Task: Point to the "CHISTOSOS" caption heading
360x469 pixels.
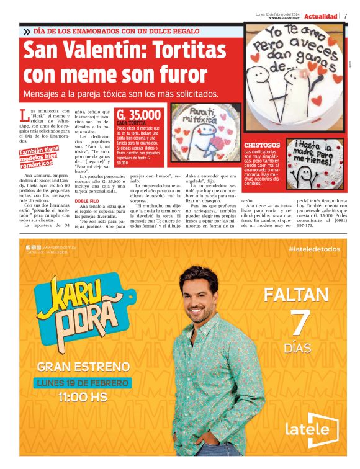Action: [262, 145]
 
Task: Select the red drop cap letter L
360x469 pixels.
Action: [24, 115]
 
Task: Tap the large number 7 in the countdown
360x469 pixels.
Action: [300, 321]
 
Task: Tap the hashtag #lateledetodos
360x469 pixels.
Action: [314, 249]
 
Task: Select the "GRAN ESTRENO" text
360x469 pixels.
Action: [83, 367]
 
